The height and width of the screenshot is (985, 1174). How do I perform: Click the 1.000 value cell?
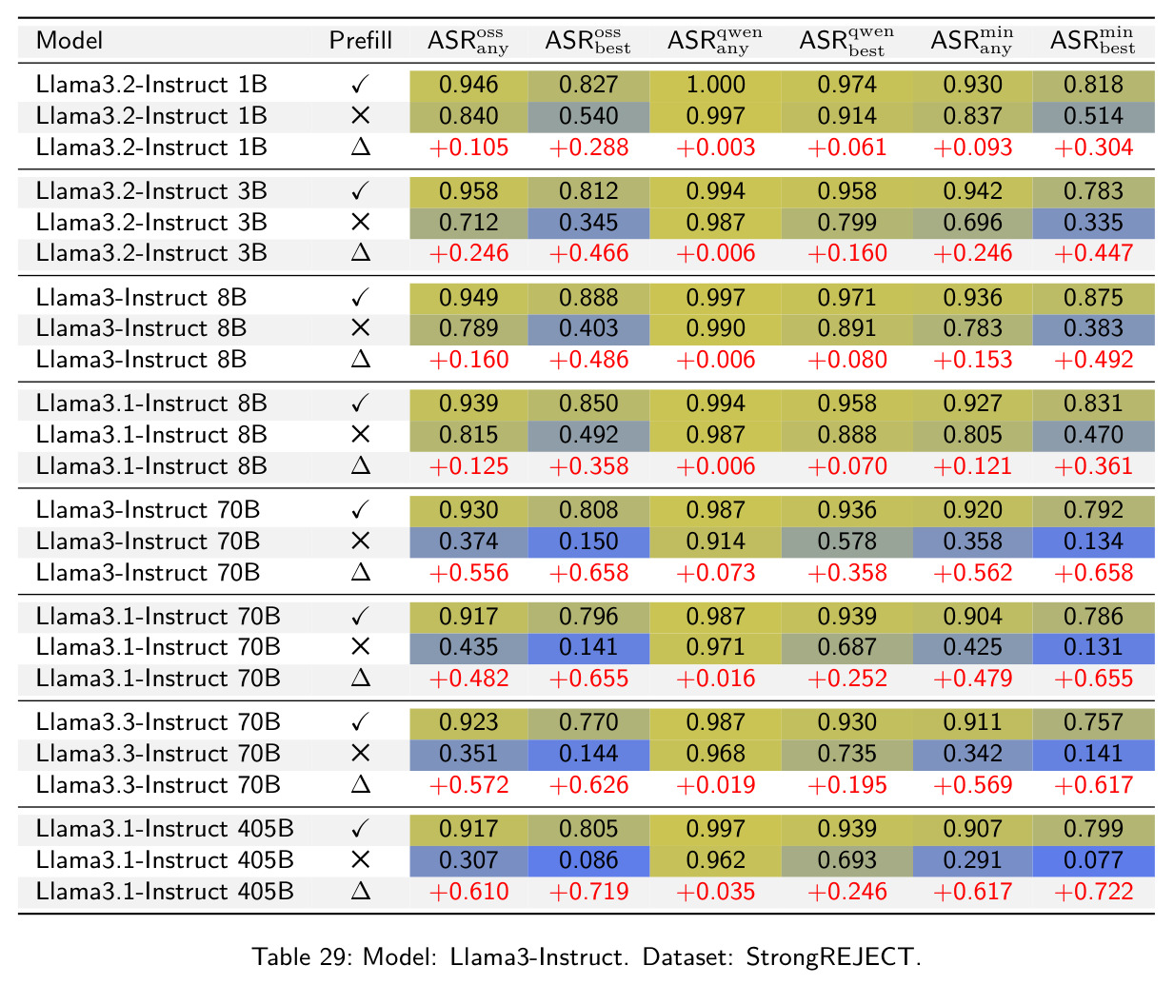715,86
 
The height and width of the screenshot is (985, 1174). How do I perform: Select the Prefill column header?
361,41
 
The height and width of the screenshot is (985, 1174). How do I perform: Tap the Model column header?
70,41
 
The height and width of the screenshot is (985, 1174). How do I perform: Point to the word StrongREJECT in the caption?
829,956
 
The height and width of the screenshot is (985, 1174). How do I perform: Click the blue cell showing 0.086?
588,860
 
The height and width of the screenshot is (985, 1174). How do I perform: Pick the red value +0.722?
1094,892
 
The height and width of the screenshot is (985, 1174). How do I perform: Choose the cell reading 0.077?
1094,860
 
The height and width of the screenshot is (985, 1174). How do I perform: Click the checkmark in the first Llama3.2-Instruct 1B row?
361,85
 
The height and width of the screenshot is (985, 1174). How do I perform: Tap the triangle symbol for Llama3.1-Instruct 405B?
361,891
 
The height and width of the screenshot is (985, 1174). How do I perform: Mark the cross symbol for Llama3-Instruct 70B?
361,542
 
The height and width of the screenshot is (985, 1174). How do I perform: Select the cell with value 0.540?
588,117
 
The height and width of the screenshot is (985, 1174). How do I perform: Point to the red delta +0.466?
588,253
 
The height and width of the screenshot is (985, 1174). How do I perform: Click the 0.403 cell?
588,328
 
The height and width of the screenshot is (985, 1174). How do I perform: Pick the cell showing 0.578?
846,542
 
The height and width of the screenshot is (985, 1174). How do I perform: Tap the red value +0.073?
715,573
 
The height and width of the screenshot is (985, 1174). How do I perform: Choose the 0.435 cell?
468,648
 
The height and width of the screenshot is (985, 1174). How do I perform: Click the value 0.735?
846,754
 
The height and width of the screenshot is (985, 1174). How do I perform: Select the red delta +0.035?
715,892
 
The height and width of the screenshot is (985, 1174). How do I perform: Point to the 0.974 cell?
846,86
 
